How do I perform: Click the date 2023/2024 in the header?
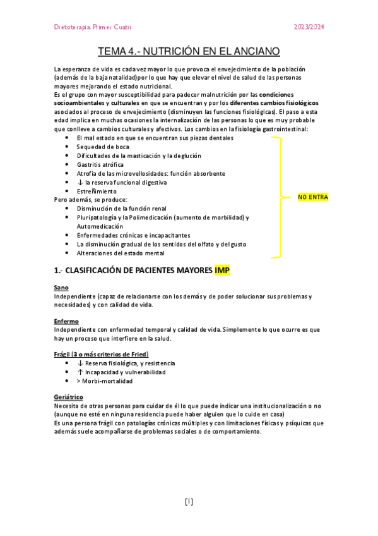(x=310, y=27)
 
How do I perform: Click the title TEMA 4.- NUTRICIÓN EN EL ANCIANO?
(x=189, y=52)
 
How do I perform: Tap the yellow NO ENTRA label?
(x=312, y=197)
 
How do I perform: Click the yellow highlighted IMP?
(x=222, y=271)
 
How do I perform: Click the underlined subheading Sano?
(x=61, y=288)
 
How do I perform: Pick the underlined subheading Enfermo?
(x=66, y=321)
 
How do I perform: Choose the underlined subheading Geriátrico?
(x=69, y=397)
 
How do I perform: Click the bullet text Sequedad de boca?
(x=103, y=147)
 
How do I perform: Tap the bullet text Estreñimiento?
(x=97, y=191)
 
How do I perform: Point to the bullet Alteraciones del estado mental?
(x=121, y=253)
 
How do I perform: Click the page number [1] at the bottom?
(x=189, y=502)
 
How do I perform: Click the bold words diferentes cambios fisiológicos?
(x=274, y=102)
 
